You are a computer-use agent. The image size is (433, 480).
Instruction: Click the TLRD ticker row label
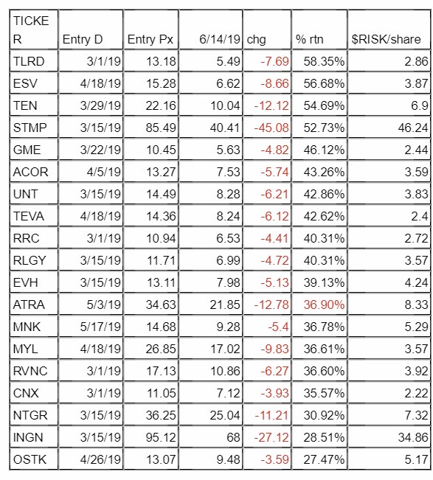pyautogui.click(x=29, y=61)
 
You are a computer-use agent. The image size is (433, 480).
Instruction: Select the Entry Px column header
pyautogui.click(x=150, y=40)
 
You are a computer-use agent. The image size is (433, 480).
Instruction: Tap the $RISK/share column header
pyautogui.click(x=386, y=40)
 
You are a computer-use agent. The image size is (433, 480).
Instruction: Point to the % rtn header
pyautogui.click(x=309, y=40)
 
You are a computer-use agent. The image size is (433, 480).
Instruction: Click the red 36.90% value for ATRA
pyautogui.click(x=324, y=305)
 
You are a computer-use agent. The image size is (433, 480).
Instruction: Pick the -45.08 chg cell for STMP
pyautogui.click(x=271, y=128)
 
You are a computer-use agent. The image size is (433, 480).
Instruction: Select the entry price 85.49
pyautogui.click(x=161, y=128)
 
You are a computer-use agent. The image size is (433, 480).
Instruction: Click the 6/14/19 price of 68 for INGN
pyautogui.click(x=233, y=437)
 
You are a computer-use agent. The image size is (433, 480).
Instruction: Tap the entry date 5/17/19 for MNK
pyautogui.click(x=100, y=327)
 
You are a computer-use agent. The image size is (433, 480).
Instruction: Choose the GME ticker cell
pyautogui.click(x=27, y=150)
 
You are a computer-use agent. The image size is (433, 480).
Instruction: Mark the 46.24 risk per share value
pyautogui.click(x=413, y=128)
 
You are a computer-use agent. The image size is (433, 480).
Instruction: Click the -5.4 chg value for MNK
pyautogui.click(x=278, y=327)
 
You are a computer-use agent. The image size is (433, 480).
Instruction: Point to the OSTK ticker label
pyautogui.click(x=30, y=459)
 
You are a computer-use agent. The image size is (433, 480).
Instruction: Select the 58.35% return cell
pyautogui.click(x=324, y=61)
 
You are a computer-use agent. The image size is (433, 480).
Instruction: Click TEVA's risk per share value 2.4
pyautogui.click(x=419, y=217)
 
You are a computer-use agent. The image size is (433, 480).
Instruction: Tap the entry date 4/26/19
pyautogui.click(x=100, y=459)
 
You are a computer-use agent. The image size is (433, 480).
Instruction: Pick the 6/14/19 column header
pyautogui.click(x=220, y=40)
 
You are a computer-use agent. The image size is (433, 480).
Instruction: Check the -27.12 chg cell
pyautogui.click(x=271, y=437)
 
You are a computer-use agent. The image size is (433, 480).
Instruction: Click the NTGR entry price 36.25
pyautogui.click(x=161, y=415)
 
